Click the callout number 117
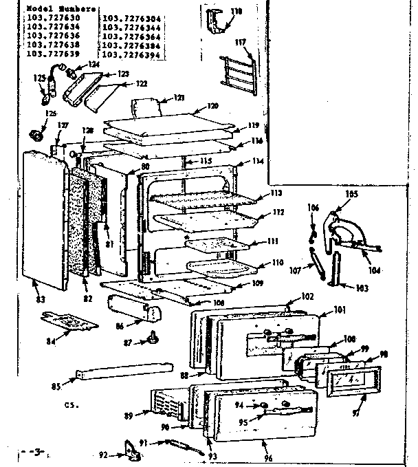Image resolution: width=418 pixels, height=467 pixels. (x=240, y=43)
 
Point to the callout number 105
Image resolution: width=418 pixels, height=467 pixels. (x=352, y=195)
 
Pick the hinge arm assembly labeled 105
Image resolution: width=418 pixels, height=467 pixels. (x=349, y=229)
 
